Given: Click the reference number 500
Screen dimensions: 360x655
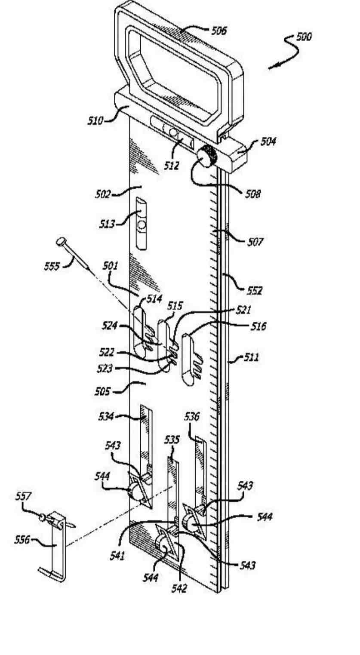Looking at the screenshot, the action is pos(304,37).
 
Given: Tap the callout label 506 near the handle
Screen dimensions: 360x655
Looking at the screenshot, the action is pos(219,31).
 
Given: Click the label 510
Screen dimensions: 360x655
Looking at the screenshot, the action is pos(95,121).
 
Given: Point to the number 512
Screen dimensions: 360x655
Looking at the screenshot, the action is pos(171,166).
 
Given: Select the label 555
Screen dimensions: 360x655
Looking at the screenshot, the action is pos(52,266).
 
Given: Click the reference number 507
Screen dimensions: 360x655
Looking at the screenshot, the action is pos(255,242).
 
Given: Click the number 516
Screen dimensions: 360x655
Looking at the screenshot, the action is pos(258,326).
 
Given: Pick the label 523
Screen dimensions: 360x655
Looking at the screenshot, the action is pos(105,369).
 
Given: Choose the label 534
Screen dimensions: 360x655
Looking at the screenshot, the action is pos(106,416).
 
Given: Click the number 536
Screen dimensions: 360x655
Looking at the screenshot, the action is pos(192,416).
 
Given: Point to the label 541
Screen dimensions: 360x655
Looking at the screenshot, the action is pos(117,556).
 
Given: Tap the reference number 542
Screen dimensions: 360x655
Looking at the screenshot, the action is pos(179,588).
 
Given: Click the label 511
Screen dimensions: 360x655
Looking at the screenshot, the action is pos(251,357).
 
